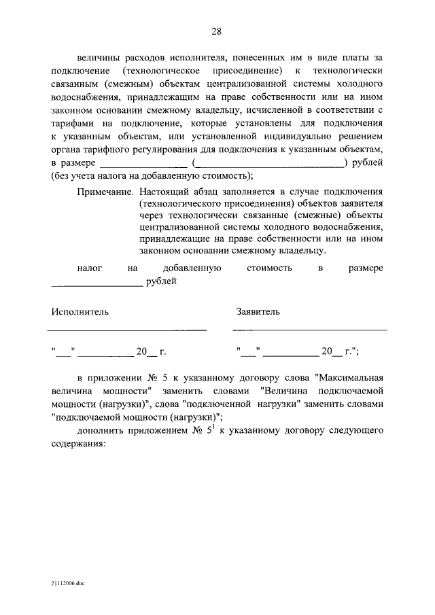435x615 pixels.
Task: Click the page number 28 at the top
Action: pyautogui.click(x=217, y=31)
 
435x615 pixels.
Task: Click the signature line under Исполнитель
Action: pyautogui.click(x=126, y=330)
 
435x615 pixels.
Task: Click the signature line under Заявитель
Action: pyautogui.click(x=309, y=330)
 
